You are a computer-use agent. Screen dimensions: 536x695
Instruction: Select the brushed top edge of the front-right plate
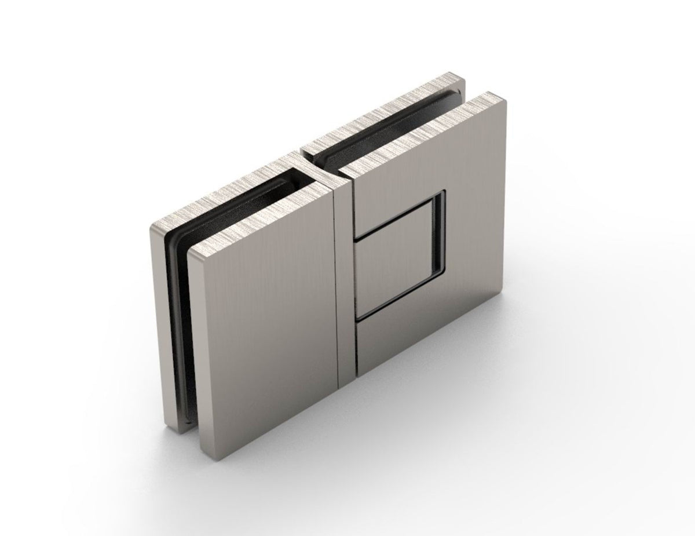(x=423, y=133)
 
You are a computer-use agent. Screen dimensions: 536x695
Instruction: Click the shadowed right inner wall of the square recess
(x=442, y=232)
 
